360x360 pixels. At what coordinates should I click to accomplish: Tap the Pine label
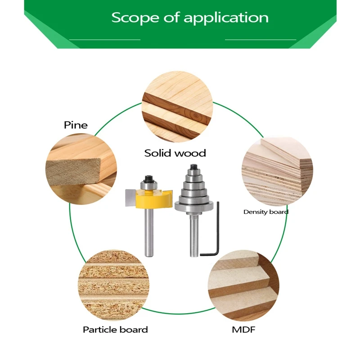coord(76,125)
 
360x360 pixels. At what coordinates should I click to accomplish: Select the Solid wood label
coord(175,153)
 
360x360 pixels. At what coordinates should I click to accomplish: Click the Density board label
coord(266,211)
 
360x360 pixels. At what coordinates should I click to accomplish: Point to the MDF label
coord(243,330)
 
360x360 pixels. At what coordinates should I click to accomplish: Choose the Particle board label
coord(115,330)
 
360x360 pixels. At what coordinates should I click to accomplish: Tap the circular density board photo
coord(277,171)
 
